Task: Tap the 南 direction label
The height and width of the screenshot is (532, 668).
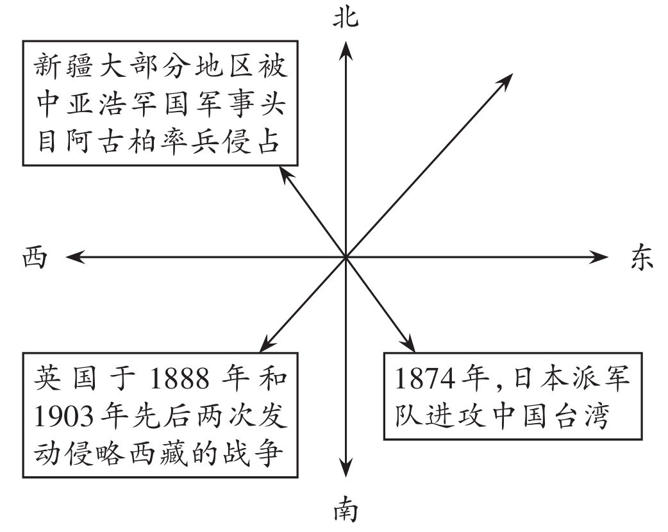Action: (x=346, y=513)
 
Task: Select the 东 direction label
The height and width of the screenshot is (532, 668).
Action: (x=639, y=258)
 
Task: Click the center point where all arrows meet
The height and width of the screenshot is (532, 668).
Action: (x=346, y=258)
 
